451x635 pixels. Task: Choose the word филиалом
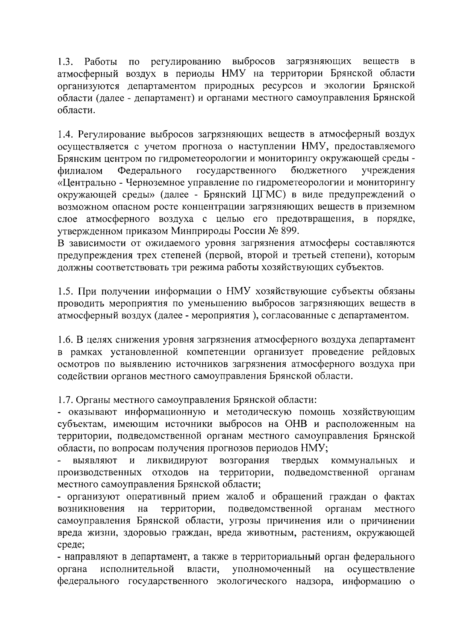[80, 170]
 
